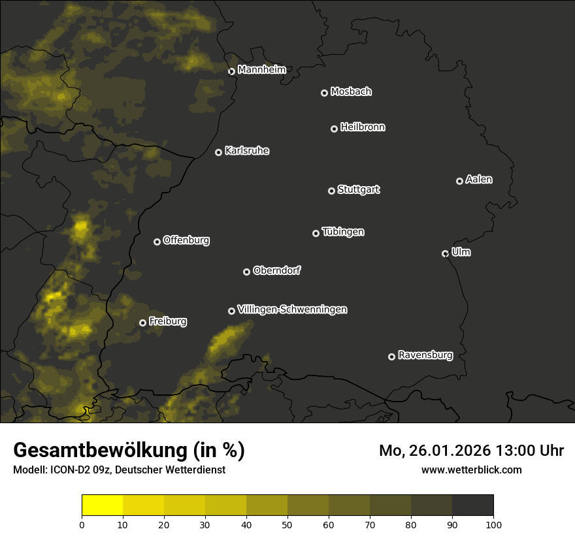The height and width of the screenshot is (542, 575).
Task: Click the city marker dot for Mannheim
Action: [231, 72]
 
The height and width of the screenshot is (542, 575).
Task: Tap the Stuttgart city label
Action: [358, 190]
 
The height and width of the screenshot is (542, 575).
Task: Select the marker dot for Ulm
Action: [445, 253]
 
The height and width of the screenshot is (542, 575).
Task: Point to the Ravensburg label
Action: [425, 356]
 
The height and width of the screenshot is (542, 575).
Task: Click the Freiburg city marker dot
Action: [142, 323]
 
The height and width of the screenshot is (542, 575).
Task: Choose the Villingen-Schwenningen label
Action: [292, 310]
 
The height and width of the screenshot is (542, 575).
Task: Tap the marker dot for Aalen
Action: [459, 181]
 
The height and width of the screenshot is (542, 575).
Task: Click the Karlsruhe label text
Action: [246, 151]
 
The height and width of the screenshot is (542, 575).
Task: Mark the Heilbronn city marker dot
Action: [334, 129]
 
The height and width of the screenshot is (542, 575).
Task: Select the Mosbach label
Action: [351, 92]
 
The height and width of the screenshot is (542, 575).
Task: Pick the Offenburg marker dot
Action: [157, 242]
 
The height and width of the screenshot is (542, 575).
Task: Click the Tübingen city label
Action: [343, 232]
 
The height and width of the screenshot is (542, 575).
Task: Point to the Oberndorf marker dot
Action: [246, 272]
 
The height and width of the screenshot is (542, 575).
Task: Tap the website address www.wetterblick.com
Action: [471, 470]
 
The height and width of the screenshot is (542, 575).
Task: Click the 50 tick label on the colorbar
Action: [287, 524]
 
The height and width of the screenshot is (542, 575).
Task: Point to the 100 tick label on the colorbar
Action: [493, 524]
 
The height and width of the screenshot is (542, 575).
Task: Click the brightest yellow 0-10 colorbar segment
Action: [102, 505]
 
